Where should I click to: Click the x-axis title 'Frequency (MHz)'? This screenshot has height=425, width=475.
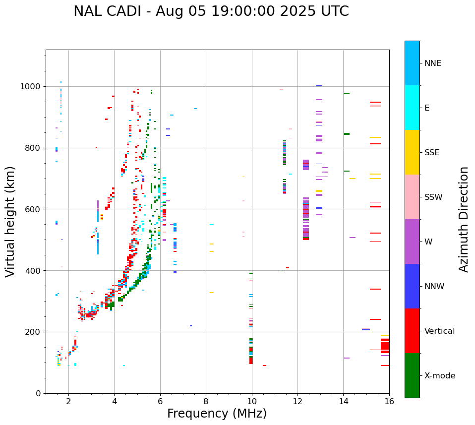pyautogui.click(x=217, y=414)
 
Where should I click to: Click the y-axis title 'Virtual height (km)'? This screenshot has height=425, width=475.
pyautogui.click(x=11, y=221)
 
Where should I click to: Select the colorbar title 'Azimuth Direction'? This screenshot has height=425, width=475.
pyautogui.click(x=464, y=219)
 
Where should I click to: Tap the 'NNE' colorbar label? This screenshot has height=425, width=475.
pyautogui.click(x=432, y=63)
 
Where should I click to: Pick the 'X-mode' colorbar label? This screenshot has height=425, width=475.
pyautogui.click(x=440, y=376)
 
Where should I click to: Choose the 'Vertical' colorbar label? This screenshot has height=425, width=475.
pyautogui.click(x=439, y=331)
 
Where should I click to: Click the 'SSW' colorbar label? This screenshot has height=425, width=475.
pyautogui.click(x=433, y=197)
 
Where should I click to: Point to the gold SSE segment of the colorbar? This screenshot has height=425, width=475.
pyautogui.click(x=412, y=152)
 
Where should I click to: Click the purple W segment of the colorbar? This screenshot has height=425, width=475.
pyautogui.click(x=412, y=242)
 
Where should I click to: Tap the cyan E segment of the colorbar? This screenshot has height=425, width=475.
pyautogui.click(x=412, y=108)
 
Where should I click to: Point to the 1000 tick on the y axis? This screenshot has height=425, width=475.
pyautogui.click(x=32, y=87)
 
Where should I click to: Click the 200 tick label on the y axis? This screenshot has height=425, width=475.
pyautogui.click(x=34, y=332)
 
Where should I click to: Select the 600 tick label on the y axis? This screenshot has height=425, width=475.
pyautogui.click(x=34, y=209)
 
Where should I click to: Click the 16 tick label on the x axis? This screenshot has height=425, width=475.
pyautogui.click(x=389, y=401)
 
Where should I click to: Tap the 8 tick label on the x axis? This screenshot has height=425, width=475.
pyautogui.click(x=206, y=401)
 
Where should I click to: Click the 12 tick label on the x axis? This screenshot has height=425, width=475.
pyautogui.click(x=297, y=401)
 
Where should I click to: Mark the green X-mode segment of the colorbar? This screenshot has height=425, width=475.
pyautogui.click(x=412, y=375)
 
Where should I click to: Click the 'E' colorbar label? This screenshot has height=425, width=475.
pyautogui.click(x=427, y=108)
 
